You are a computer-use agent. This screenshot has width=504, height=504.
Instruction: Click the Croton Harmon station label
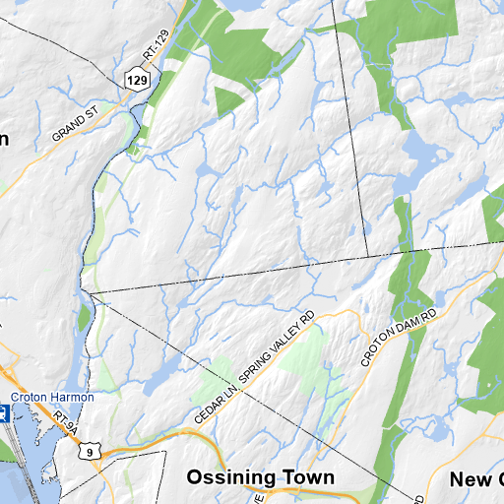pos(52,397)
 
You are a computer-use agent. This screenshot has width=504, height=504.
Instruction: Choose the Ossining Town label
pos(261,477)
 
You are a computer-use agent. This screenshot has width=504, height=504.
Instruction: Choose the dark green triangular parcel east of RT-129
pos(228,99)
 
